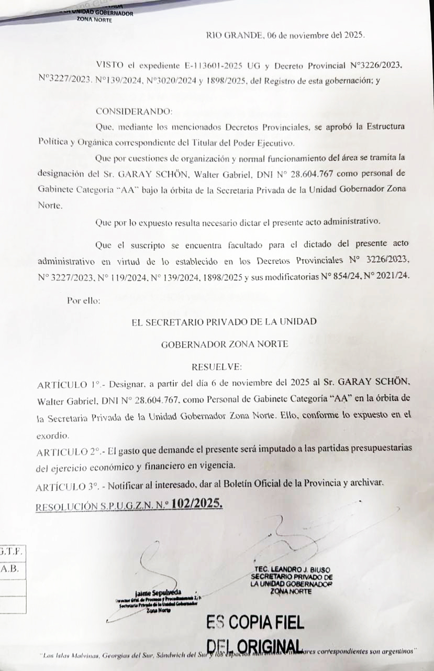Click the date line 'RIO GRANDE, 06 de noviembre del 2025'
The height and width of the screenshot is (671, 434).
(286, 36)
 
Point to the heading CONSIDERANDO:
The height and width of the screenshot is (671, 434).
(133, 112)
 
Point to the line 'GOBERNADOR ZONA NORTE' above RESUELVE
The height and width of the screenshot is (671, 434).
(224, 344)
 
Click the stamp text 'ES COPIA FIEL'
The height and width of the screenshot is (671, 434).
(255, 622)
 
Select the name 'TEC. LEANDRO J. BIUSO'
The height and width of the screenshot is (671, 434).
(292, 569)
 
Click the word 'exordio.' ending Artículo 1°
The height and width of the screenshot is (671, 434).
(53, 435)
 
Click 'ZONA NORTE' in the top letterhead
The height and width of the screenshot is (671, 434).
(94, 20)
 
